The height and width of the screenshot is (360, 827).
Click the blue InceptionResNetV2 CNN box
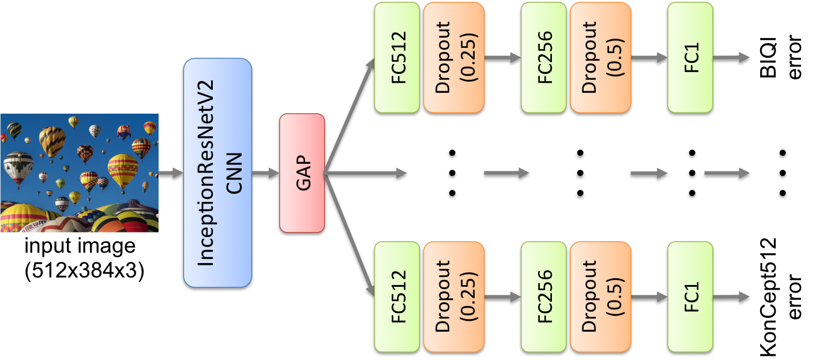217,172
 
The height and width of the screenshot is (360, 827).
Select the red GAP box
302,172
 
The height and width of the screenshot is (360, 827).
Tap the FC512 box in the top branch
397,57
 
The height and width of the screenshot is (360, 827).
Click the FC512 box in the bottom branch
397,297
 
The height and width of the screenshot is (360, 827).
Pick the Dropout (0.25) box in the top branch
453,57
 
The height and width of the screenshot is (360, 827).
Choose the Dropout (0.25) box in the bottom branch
453,297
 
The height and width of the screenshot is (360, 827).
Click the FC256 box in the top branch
543,57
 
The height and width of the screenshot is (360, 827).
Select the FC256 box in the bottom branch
543,297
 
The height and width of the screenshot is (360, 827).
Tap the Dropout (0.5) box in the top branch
600,57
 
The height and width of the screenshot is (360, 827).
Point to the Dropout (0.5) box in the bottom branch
600,297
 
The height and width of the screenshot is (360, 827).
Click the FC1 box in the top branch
690,57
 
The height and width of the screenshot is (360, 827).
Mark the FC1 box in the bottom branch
690,297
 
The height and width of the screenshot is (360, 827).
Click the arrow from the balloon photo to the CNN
170,172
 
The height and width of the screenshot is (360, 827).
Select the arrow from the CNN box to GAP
265,172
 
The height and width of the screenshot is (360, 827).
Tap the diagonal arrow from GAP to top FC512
349,115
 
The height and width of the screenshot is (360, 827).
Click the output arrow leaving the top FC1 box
731,57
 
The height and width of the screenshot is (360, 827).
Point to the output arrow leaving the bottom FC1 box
731,297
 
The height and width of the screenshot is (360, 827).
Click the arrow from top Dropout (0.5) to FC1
649,57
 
